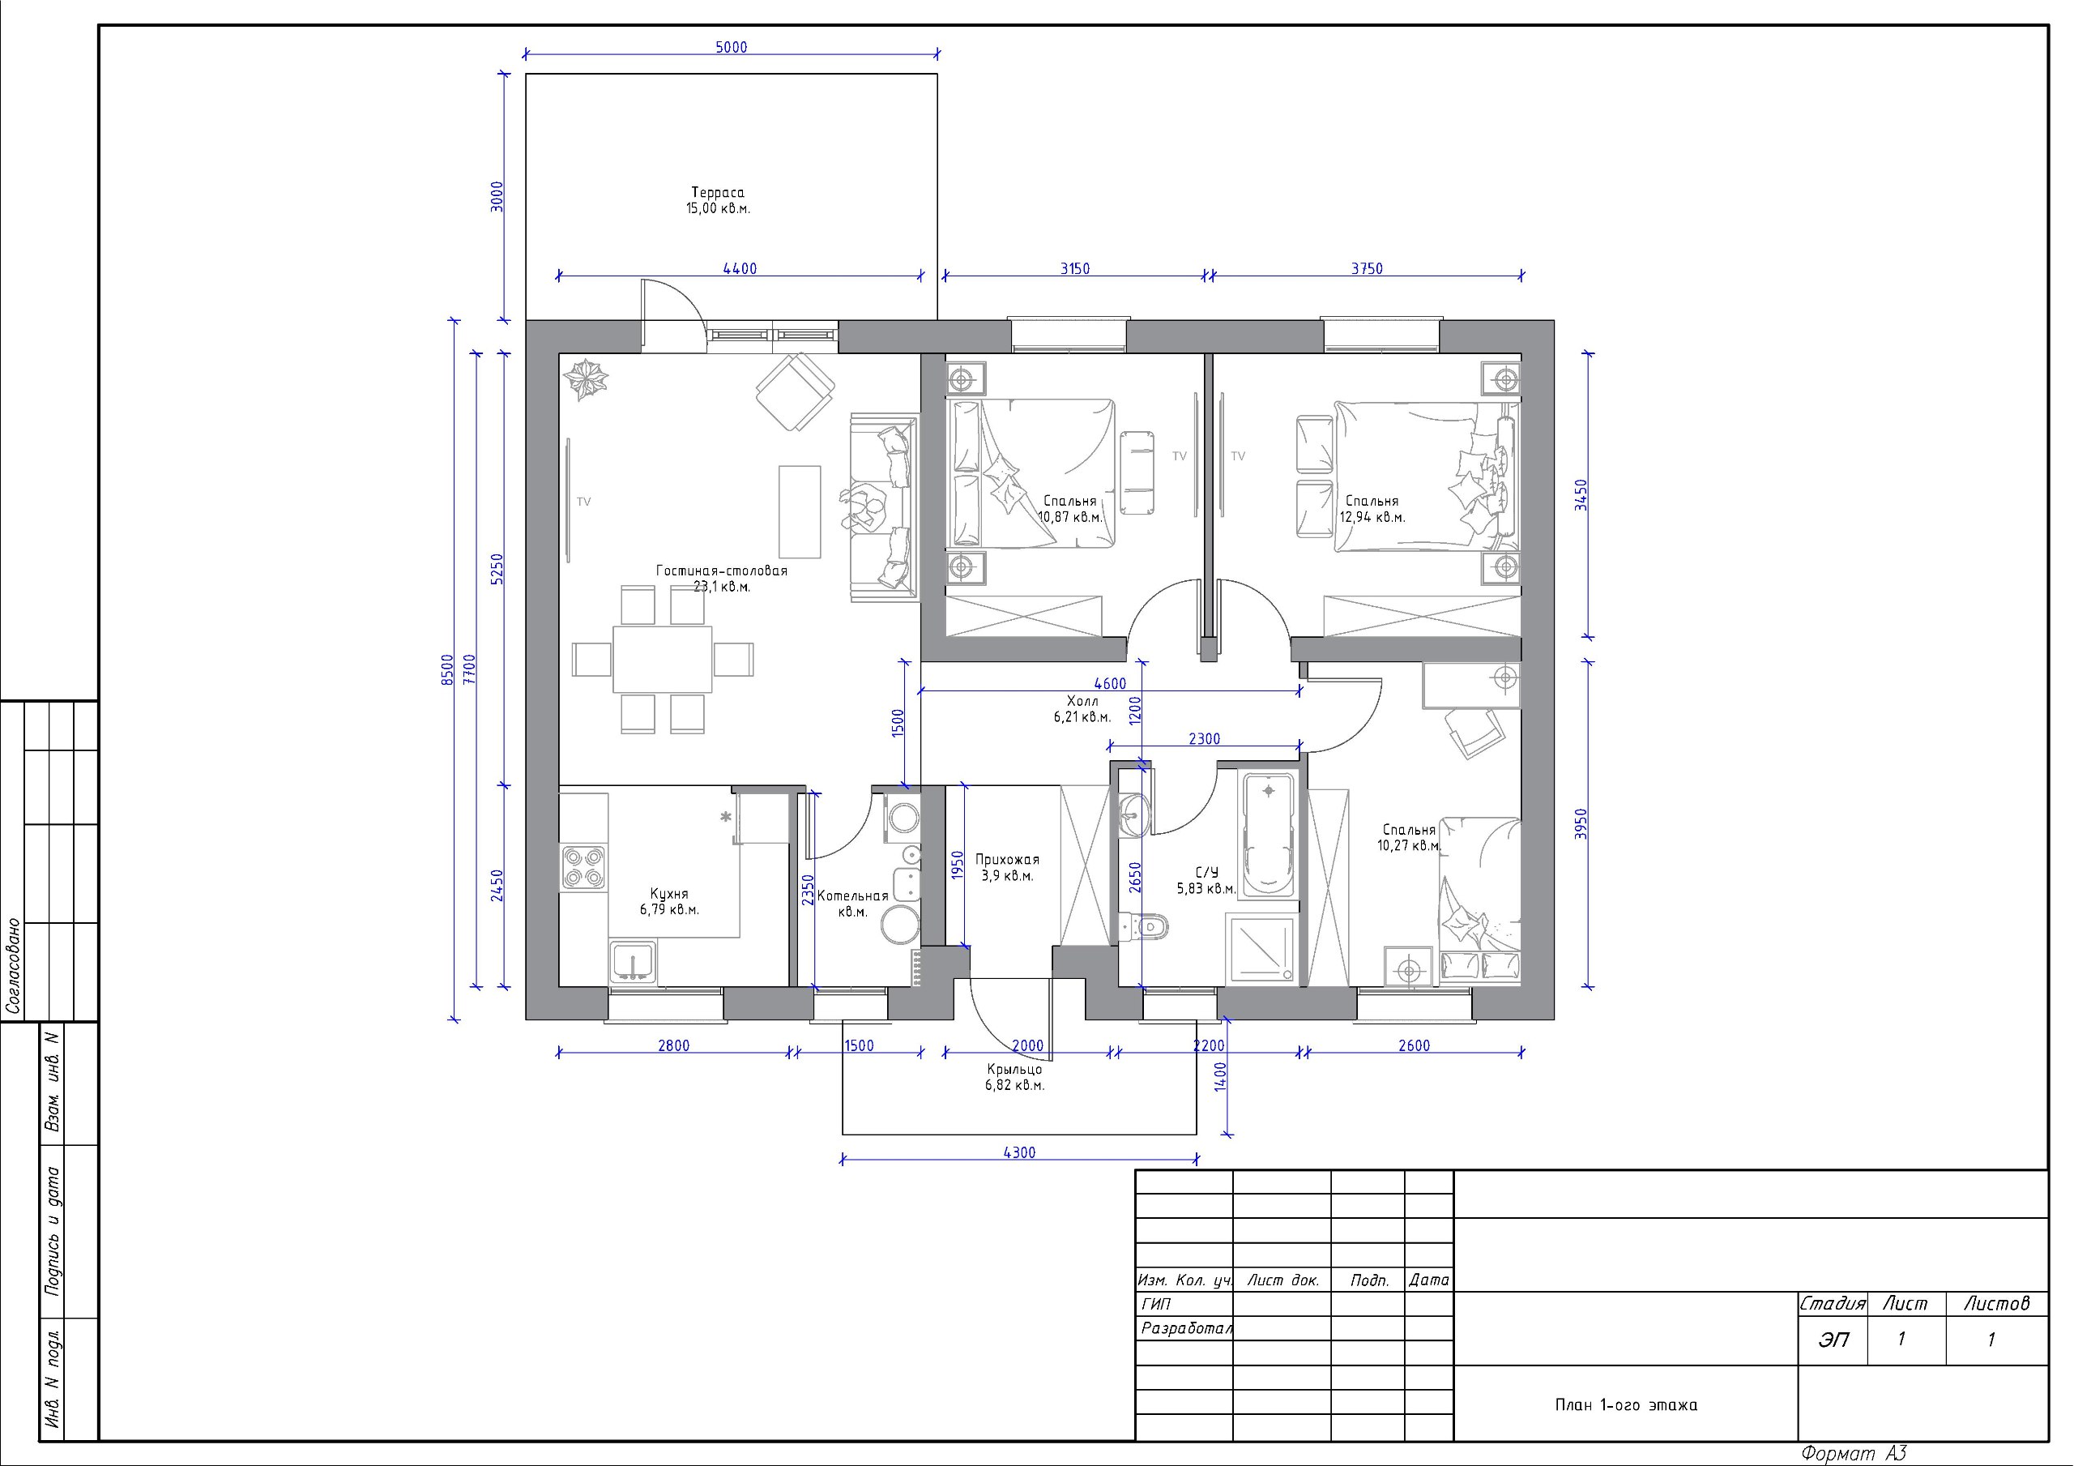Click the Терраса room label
pos(718,193)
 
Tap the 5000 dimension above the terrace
pos(732,47)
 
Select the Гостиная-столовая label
pos(722,571)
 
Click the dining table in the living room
pos(662,659)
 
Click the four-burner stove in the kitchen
pos(583,865)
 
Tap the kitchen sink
pos(634,962)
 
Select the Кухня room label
pos(669,894)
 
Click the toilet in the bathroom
pos(1144,926)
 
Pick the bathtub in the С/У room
pos(1270,834)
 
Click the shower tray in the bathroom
pos(1260,948)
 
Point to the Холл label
pos(1082,701)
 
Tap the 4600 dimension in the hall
pos(1110,683)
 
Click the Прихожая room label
pos(1007,861)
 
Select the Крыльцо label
pos(1014,1069)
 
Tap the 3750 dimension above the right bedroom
pos(1367,268)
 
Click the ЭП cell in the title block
pos(1833,1340)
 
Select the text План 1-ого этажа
pos(1626,1405)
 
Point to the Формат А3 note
pos(1854,1453)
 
